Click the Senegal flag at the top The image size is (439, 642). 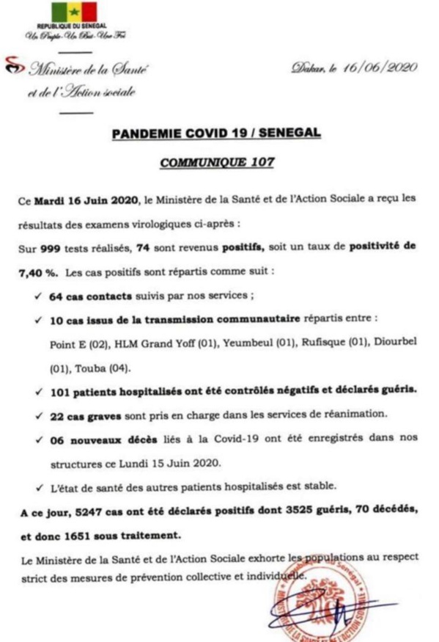pos(73,12)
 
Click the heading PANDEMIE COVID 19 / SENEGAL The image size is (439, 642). pos(216,135)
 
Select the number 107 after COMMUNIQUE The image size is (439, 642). pos(261,163)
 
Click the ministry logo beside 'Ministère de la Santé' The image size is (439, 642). pos(14,68)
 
